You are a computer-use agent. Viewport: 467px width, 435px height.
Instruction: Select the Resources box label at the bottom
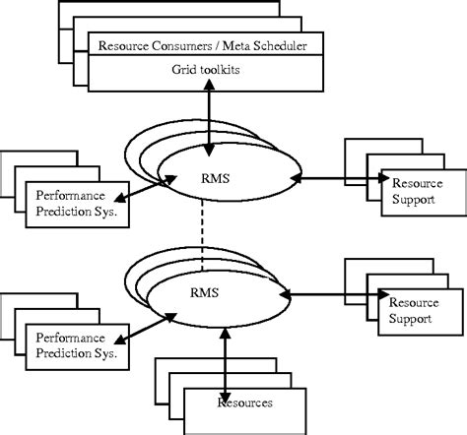tap(245, 402)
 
